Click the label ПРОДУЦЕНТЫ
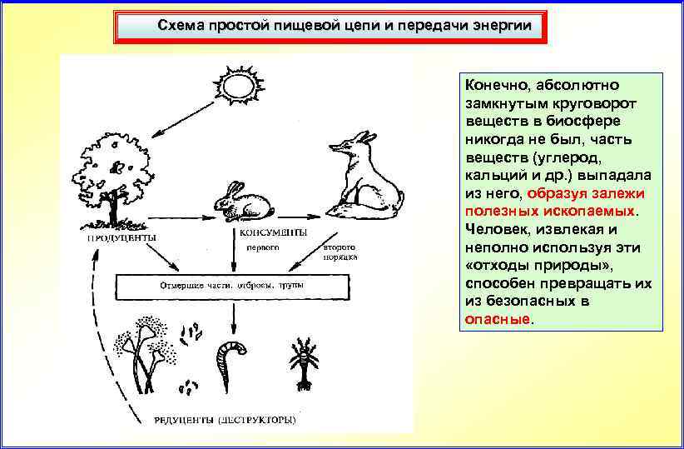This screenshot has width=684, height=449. tap(124, 236)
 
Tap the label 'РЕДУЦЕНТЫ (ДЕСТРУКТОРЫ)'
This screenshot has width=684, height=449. tap(224, 419)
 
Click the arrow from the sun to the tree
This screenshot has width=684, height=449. tap(184, 118)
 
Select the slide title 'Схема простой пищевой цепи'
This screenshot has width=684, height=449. tap(333, 27)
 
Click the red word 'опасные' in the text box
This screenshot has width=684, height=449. tap(497, 319)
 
